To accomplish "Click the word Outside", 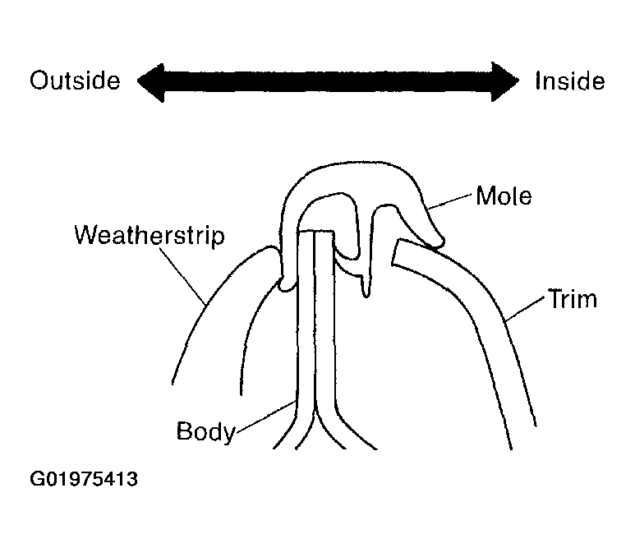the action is (x=75, y=81).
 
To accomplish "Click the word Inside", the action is (x=570, y=81).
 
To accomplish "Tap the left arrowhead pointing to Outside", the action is (x=150, y=83).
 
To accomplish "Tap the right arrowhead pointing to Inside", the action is (x=505, y=82).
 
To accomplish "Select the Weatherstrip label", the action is (x=150, y=235).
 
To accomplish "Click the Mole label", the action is (x=504, y=196).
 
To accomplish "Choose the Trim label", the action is (x=573, y=299).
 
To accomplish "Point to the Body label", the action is (x=205, y=432).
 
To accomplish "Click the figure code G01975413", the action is (x=84, y=479).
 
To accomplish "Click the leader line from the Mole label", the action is (x=449, y=201).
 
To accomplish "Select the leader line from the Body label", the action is (x=265, y=417).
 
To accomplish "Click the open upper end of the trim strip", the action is (x=396, y=252).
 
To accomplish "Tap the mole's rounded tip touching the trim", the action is (x=437, y=242).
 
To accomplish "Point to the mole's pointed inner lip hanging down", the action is (x=366, y=288).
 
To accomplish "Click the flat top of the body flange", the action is (x=315, y=231).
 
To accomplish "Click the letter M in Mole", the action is (x=485, y=196).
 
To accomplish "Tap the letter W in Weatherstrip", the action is (x=87, y=234).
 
